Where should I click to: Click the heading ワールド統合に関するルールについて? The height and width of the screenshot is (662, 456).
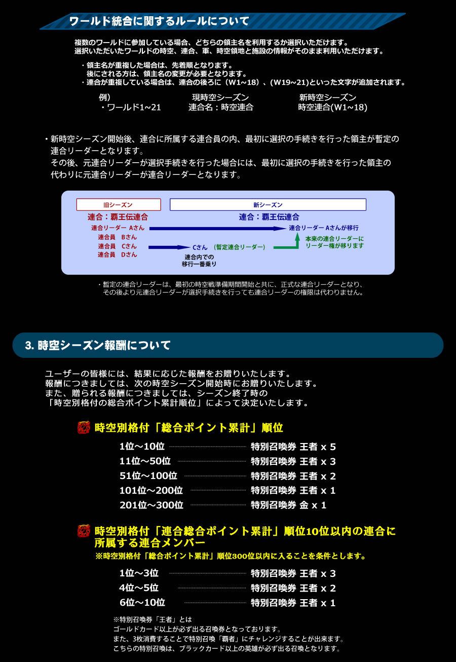click(x=159, y=21)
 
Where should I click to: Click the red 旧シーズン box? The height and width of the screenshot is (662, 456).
click(x=119, y=205)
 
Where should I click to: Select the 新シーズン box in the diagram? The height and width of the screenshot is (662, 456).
click(x=268, y=205)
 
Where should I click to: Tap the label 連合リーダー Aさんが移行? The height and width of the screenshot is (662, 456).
click(x=324, y=228)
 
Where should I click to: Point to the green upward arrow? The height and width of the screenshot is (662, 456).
click(x=297, y=239)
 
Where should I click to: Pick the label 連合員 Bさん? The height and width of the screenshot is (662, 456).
click(x=117, y=237)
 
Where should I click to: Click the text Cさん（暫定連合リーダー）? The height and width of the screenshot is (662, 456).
click(x=229, y=247)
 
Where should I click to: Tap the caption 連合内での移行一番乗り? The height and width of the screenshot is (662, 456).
click(x=199, y=261)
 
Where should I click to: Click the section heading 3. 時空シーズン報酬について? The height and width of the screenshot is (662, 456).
click(x=98, y=345)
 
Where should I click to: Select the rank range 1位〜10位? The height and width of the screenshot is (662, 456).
click(x=142, y=447)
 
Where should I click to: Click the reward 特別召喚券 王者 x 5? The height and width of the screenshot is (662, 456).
click(x=293, y=447)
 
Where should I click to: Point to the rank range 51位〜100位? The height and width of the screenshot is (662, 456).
click(x=148, y=476)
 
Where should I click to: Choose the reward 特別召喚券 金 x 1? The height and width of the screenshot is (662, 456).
click(x=289, y=505)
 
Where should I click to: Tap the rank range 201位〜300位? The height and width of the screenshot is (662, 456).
click(x=151, y=505)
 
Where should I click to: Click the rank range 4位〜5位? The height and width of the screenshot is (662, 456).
click(x=139, y=588)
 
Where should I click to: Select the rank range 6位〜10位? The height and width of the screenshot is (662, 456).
click(x=142, y=603)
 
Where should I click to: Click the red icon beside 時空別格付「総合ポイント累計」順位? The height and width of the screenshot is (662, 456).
click(x=84, y=427)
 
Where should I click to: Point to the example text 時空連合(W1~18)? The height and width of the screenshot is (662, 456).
click(x=332, y=107)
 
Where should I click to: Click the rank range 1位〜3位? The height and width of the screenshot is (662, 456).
click(x=139, y=573)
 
